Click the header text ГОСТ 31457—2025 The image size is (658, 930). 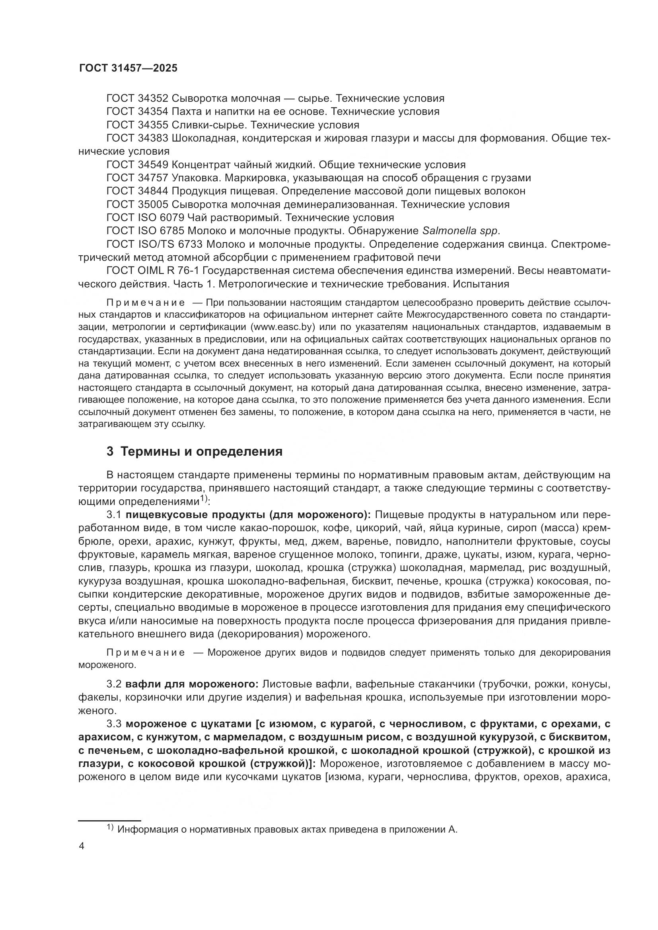pyautogui.click(x=128, y=68)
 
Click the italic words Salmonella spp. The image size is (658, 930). pyautogui.click(x=461, y=231)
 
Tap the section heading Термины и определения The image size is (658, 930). pyautogui.click(x=201, y=452)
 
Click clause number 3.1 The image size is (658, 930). pyautogui.click(x=114, y=515)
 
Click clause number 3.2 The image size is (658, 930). pyautogui.click(x=114, y=684)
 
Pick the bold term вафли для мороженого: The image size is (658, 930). pyautogui.click(x=192, y=684)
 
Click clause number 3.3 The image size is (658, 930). pyautogui.click(x=114, y=724)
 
